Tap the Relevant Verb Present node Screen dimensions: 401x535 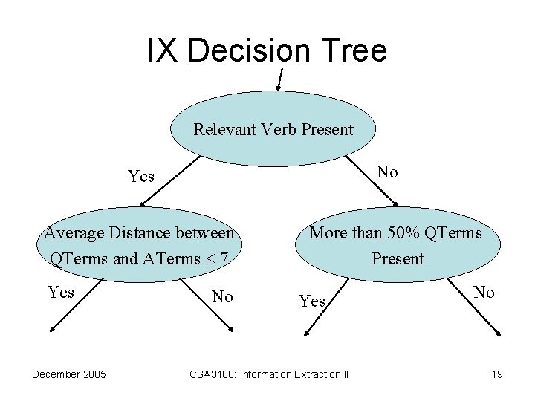pyautogui.click(x=273, y=130)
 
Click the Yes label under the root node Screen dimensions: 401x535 pyautogui.click(x=141, y=177)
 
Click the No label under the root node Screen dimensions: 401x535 pyautogui.click(x=387, y=172)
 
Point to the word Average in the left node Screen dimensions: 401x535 pyautogui.click(x=72, y=233)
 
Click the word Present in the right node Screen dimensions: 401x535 pyautogui.click(x=398, y=259)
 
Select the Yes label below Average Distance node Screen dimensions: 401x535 pyautogui.click(x=60, y=292)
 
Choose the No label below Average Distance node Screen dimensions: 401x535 pyautogui.click(x=223, y=298)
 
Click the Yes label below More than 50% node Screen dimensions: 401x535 pyautogui.click(x=312, y=301)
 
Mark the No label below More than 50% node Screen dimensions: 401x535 pyautogui.click(x=484, y=293)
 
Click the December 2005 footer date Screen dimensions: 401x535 pyautogui.click(x=69, y=374)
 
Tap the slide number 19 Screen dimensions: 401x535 pyautogui.click(x=497, y=374)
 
